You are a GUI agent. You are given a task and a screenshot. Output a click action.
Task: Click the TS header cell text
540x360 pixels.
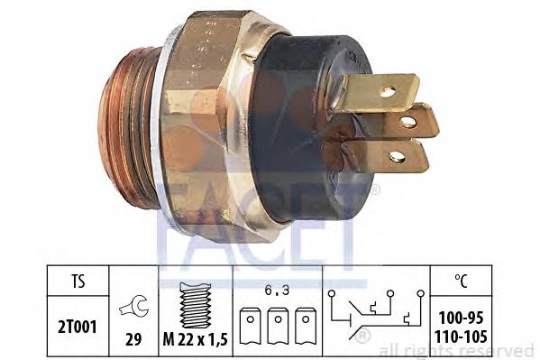(x=78, y=281)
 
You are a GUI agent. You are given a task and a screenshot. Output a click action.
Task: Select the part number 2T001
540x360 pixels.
(x=78, y=327)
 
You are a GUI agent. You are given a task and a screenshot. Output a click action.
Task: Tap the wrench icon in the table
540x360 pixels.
(x=134, y=306)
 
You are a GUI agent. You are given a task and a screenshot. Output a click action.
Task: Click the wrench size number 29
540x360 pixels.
(x=133, y=339)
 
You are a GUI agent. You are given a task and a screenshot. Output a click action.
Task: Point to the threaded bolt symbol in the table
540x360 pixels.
(x=196, y=305)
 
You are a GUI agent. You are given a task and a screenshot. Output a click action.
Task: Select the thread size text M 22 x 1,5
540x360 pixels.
(x=196, y=340)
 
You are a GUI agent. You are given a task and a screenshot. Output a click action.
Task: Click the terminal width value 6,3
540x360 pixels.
(x=277, y=291)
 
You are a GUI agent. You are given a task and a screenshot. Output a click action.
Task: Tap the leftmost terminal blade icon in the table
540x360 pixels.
(x=250, y=326)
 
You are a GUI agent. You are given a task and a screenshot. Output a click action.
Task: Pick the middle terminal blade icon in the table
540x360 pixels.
(x=278, y=326)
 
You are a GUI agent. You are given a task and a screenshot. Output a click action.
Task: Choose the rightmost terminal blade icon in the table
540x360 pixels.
(x=306, y=326)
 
